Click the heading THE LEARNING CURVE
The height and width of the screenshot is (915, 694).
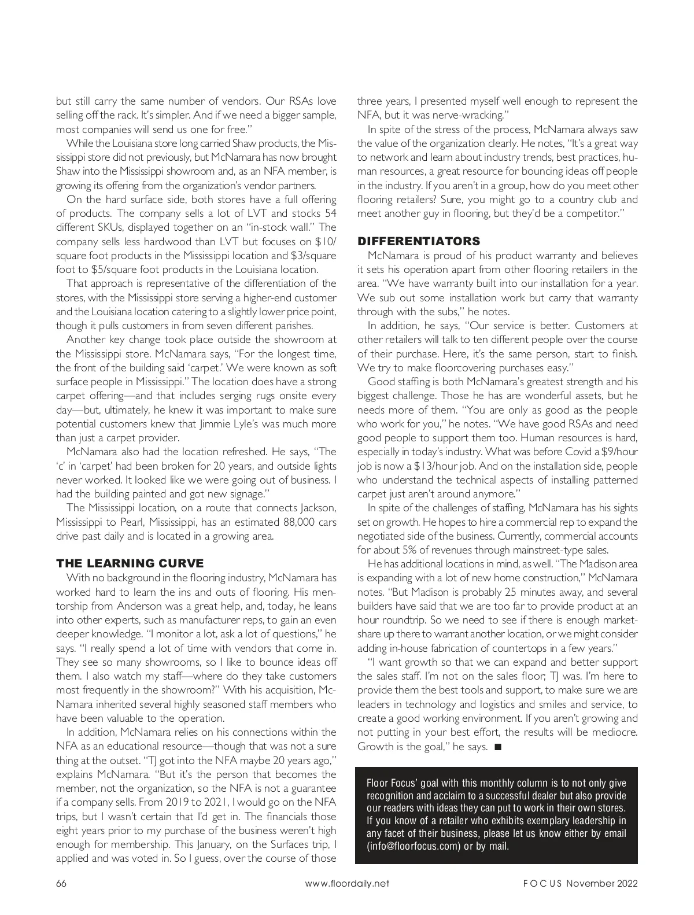(x=130, y=563)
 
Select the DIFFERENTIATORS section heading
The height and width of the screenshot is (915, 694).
(x=419, y=241)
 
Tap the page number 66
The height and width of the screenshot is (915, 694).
(x=61, y=883)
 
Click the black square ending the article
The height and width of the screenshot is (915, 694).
(x=498, y=747)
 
